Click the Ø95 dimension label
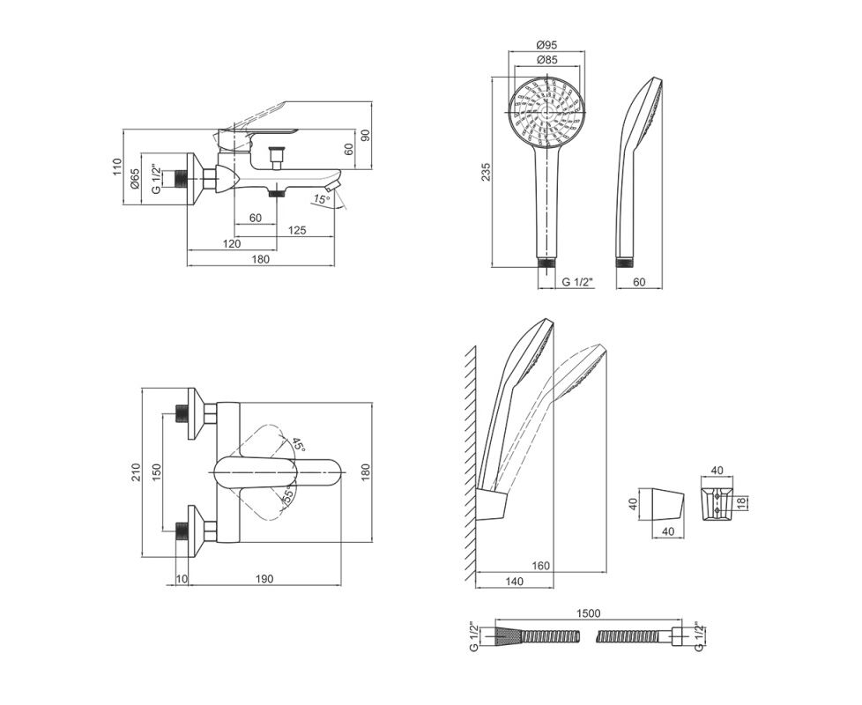(546, 45)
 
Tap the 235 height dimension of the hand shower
(486, 173)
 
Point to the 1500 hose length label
(588, 613)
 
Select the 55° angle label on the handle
(287, 495)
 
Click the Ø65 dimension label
(135, 179)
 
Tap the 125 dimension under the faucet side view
(297, 230)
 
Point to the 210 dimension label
(136, 472)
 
